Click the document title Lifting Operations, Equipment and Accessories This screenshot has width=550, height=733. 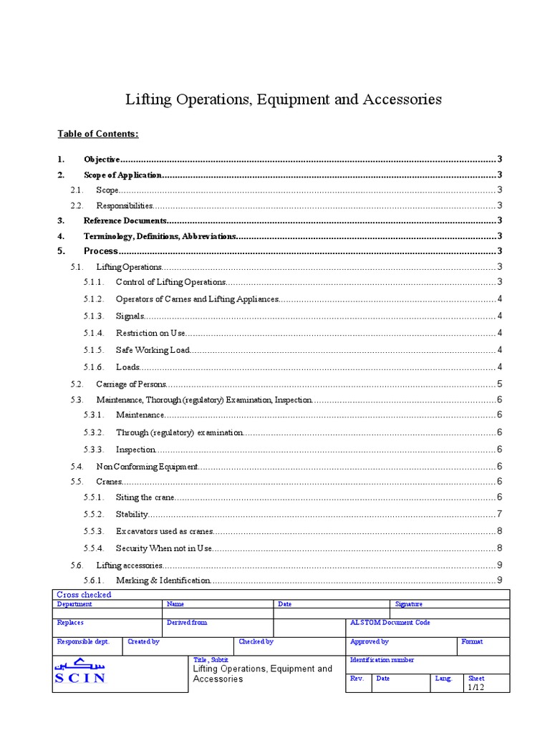(x=284, y=99)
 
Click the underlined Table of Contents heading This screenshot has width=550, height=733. (x=98, y=134)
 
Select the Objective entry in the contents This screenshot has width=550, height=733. (x=102, y=159)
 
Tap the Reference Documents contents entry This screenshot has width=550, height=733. (x=125, y=221)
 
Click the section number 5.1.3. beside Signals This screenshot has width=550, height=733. (x=94, y=316)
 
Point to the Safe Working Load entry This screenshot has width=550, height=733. (x=153, y=350)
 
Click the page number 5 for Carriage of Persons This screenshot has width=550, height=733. (x=499, y=384)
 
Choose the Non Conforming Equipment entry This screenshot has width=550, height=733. (x=147, y=467)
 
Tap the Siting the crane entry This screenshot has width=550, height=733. (x=145, y=497)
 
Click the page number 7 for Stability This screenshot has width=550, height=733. (x=499, y=515)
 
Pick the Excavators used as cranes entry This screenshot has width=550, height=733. (x=165, y=532)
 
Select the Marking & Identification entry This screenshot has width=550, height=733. (x=163, y=580)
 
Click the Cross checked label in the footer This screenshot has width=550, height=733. (x=84, y=595)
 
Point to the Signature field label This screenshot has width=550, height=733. (x=409, y=604)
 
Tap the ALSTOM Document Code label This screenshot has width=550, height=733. (x=390, y=623)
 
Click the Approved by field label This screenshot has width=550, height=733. (x=370, y=642)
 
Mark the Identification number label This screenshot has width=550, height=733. (x=382, y=660)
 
